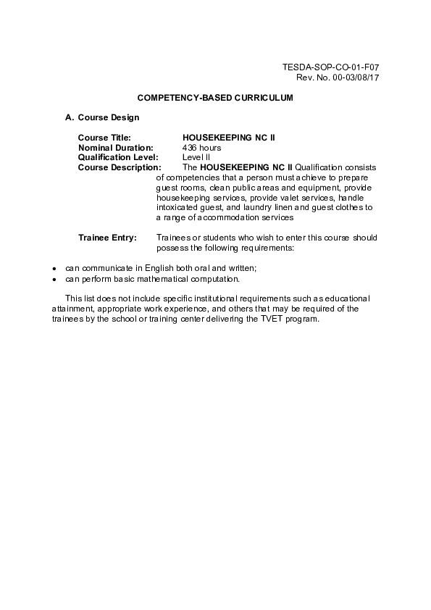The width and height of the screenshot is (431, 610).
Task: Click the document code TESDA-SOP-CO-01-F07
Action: (x=330, y=67)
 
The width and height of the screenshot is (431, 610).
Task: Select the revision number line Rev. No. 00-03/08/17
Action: (x=338, y=77)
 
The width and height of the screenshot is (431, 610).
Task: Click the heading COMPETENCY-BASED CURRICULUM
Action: (x=215, y=97)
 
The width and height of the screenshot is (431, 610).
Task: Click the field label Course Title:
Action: (x=104, y=137)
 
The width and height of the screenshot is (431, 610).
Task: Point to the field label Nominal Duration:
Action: (x=115, y=147)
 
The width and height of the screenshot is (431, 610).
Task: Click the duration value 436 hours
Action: (x=201, y=147)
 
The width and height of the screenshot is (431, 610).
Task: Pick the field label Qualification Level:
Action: (x=119, y=157)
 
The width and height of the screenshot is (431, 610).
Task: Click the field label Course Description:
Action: (x=120, y=167)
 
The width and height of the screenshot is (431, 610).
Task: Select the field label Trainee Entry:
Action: (x=107, y=238)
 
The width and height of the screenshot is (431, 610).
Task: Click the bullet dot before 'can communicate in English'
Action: (x=54, y=269)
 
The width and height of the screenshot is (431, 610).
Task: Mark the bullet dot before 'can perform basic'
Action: (x=54, y=279)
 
